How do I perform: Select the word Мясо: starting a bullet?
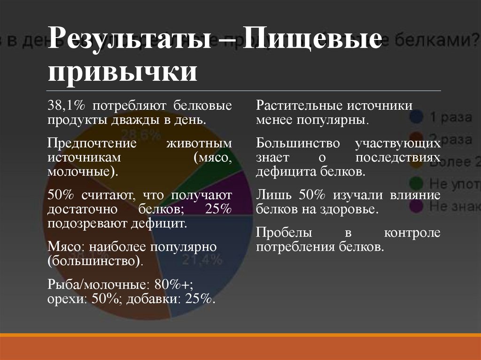(x=66, y=246)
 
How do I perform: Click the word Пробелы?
(x=280, y=232)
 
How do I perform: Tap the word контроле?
(x=412, y=232)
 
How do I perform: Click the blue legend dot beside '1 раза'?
(x=416, y=117)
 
